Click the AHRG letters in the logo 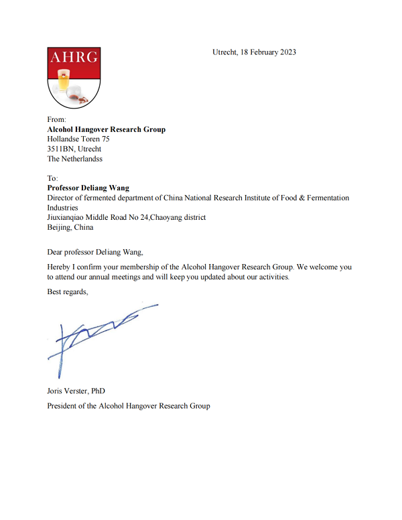74,57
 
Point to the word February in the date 261,52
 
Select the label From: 57,119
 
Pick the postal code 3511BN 61,149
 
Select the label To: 53,178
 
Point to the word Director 61,198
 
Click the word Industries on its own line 63,208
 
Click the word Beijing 60,227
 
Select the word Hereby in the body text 59,267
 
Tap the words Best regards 67,291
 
